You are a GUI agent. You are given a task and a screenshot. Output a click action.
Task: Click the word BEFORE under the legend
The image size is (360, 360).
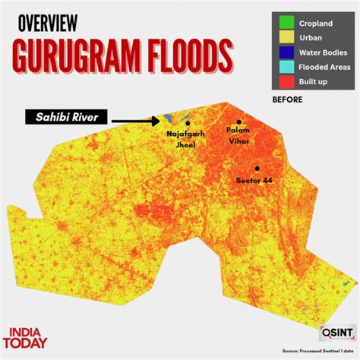tap(287, 99)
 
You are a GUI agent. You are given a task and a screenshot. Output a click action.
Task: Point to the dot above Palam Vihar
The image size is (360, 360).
tap(238, 122)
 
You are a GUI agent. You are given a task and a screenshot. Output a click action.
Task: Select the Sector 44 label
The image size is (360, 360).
tap(254, 181)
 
